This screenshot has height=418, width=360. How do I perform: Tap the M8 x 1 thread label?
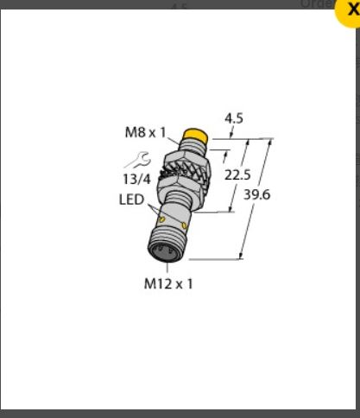click(x=144, y=132)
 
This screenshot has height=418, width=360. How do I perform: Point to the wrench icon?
click(x=137, y=159)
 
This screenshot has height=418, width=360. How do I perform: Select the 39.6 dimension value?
click(x=257, y=194)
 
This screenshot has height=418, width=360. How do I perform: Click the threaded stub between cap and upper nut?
click(x=192, y=148)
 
